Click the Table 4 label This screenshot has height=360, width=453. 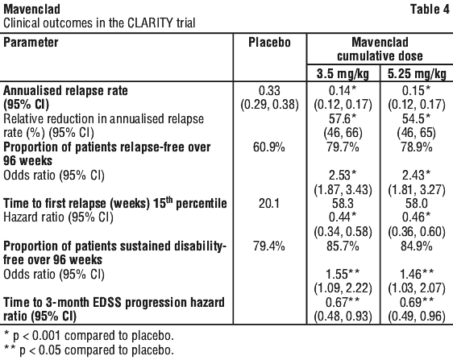click(430, 10)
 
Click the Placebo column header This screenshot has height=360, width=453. click(269, 43)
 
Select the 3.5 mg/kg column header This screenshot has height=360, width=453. click(343, 74)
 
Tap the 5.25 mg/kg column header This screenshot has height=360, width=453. click(417, 74)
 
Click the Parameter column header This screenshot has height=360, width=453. click(31, 43)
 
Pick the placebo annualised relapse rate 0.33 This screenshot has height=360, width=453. click(269, 91)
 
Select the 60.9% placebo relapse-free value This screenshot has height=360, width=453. click(269, 147)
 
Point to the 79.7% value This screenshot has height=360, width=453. click(343, 147)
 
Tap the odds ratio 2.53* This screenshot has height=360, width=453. click(343, 176)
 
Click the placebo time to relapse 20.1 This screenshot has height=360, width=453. click(269, 204)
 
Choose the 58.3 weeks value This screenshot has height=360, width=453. click(343, 204)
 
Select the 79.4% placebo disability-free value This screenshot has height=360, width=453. click(269, 246)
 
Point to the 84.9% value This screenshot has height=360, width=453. click(417, 246)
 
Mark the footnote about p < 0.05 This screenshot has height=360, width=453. click(89, 350)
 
